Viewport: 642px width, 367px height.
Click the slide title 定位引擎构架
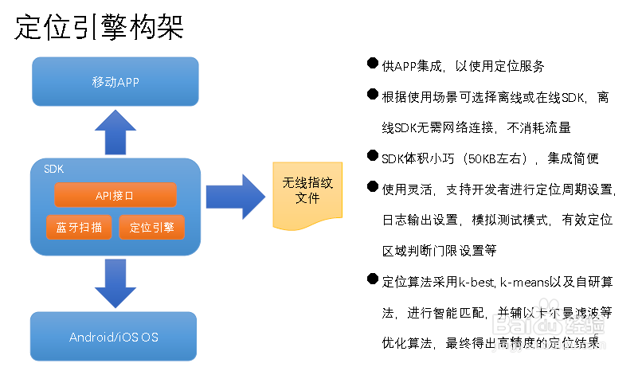[x=100, y=27]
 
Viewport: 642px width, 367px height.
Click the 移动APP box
[x=115, y=82]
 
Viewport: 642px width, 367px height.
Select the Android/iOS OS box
[x=113, y=337]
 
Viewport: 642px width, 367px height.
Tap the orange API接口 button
[x=115, y=195]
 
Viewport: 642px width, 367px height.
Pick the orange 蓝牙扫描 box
[x=79, y=227]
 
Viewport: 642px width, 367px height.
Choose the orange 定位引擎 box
[x=151, y=227]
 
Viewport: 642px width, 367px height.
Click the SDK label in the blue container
[x=53, y=169]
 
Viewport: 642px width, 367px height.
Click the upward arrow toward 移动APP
[x=115, y=131]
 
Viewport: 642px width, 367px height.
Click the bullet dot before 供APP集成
[x=372, y=64]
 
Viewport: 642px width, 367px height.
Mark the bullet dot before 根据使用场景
[x=372, y=96]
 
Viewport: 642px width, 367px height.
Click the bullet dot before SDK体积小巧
[x=372, y=157]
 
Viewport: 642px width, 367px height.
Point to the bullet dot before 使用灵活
[x=372, y=187]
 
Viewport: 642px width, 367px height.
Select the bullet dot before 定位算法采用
[x=372, y=280]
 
